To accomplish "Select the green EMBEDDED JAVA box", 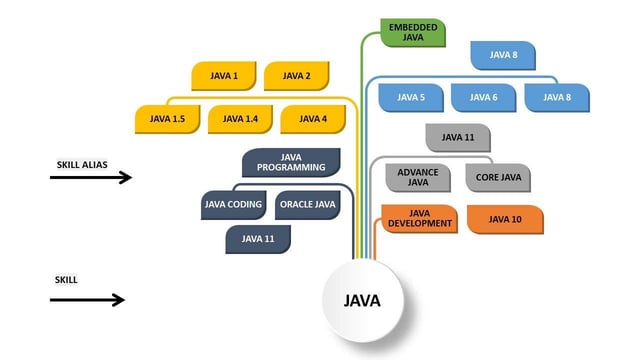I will [x=413, y=32].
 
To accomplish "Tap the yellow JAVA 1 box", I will [x=225, y=76].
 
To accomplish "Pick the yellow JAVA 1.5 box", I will [x=166, y=119].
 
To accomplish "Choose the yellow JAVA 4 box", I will [x=313, y=119].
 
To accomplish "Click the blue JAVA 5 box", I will [x=411, y=97].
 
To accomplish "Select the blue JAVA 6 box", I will [x=483, y=97].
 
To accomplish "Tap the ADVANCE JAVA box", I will [x=418, y=178].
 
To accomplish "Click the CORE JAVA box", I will [x=497, y=178].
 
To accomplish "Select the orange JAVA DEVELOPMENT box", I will [x=419, y=219].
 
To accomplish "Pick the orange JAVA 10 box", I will [x=504, y=219].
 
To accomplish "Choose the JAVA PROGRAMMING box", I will [x=291, y=163].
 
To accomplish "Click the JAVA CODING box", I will [x=233, y=205].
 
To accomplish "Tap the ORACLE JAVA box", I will [x=308, y=205].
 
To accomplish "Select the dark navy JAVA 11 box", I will [x=258, y=239].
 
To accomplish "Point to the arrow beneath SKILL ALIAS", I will [x=90, y=178].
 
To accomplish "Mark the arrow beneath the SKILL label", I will [x=88, y=299].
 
